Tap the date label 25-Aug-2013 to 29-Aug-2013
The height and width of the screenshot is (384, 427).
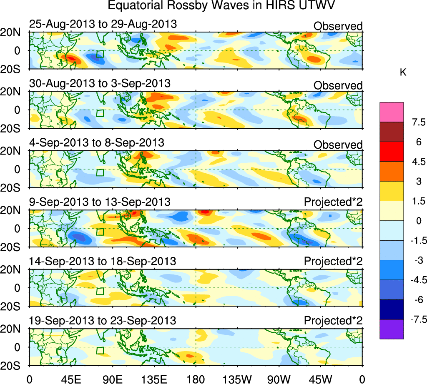coord(103,24)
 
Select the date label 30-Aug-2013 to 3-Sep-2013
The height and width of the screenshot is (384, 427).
coord(100,83)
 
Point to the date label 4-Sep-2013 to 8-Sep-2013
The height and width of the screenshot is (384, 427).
coord(97,142)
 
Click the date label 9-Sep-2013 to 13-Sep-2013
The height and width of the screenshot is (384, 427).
coord(100,202)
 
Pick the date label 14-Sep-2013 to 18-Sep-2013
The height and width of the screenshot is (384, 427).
coord(103,261)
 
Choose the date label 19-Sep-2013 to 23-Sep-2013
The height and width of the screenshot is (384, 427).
coord(103,321)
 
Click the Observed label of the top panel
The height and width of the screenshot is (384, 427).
coord(338,26)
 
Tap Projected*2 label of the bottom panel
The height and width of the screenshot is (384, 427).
coord(333,321)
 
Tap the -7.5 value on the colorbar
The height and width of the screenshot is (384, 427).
coord(416,319)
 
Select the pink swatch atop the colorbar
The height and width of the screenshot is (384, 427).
coord(392,112)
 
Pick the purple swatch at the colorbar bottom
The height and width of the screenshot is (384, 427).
coord(392,329)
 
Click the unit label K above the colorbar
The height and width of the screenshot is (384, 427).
coord(403,72)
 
